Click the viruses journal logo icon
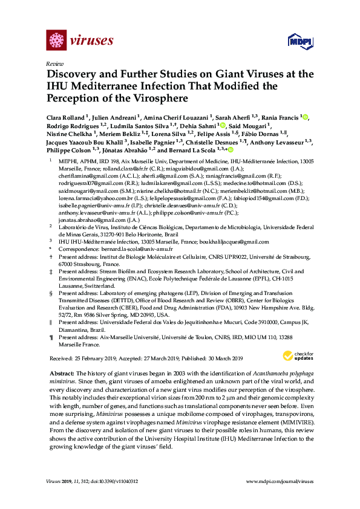(55, 41)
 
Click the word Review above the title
(53, 63)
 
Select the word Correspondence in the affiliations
(77, 248)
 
